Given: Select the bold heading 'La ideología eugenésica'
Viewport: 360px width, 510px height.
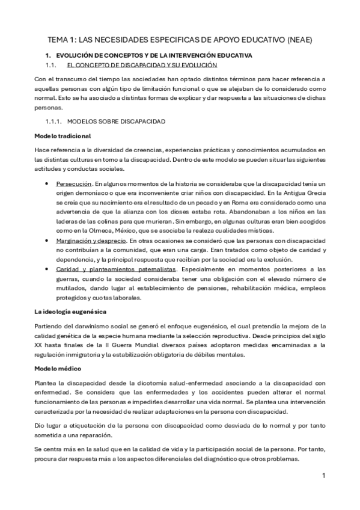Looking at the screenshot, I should click(x=70, y=312).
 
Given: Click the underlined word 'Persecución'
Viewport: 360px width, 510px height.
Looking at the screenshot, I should click(x=74, y=183).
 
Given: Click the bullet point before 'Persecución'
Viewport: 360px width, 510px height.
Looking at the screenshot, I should click(x=47, y=183).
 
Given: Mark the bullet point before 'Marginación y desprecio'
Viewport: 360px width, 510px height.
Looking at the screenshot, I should click(x=47, y=240).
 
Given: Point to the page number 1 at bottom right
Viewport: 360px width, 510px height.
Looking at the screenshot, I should click(x=323, y=476).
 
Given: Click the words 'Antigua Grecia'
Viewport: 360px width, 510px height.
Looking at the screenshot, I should click(x=304, y=192).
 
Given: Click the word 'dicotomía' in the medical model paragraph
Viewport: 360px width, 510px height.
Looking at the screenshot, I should click(x=149, y=382).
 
